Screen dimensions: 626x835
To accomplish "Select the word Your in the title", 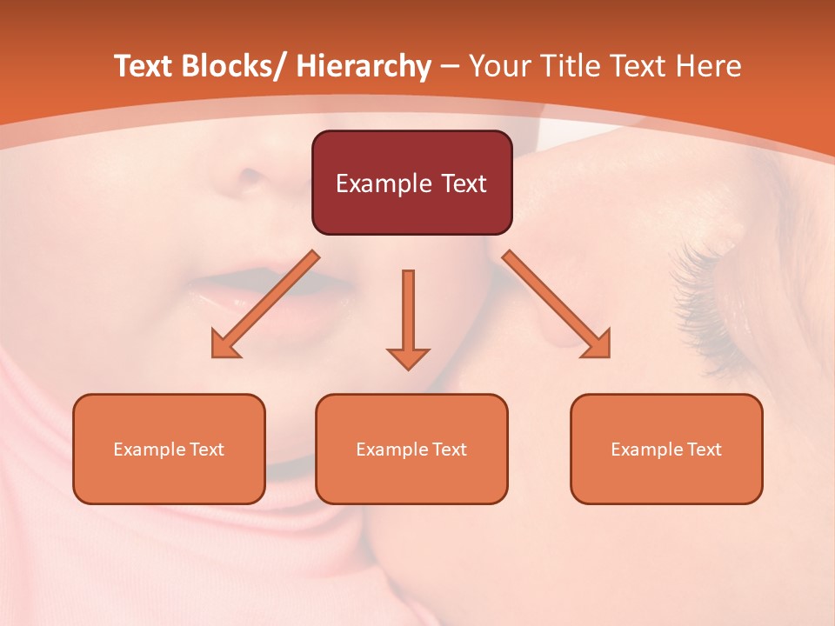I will (x=500, y=67).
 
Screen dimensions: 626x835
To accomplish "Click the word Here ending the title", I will (x=710, y=67).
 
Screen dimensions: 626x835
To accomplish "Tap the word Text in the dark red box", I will (x=462, y=183).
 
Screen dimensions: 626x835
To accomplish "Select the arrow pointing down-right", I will (x=558, y=305).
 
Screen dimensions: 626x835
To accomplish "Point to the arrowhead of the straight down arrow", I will (x=408, y=358).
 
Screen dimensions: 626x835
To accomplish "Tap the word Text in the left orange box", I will (x=209, y=450).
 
